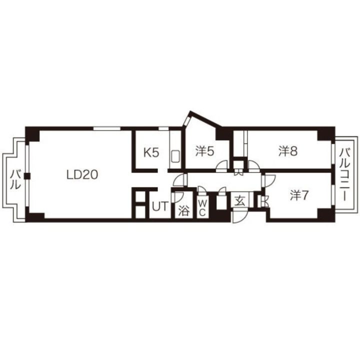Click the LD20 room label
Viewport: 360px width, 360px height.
coord(82,174)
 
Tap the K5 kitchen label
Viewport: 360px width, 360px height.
coord(151,152)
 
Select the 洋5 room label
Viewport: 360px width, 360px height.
coord(205,151)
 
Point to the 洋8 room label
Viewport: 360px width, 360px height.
coord(288,151)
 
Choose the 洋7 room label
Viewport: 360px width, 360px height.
coord(298,195)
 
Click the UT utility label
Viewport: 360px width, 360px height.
coord(160,207)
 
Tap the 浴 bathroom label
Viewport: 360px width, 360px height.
coord(184,210)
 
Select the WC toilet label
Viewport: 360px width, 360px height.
coord(202,208)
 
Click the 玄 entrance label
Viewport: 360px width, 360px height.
coord(239,201)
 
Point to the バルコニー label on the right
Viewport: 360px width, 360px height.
coord(345,174)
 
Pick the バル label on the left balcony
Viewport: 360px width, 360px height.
coord(15,179)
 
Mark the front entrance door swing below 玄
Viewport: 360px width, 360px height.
coord(239,216)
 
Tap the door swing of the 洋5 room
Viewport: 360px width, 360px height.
coord(222,166)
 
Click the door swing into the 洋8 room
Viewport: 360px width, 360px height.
coord(253,166)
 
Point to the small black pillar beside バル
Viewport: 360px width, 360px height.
coord(27,176)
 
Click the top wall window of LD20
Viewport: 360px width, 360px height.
coord(107,128)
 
